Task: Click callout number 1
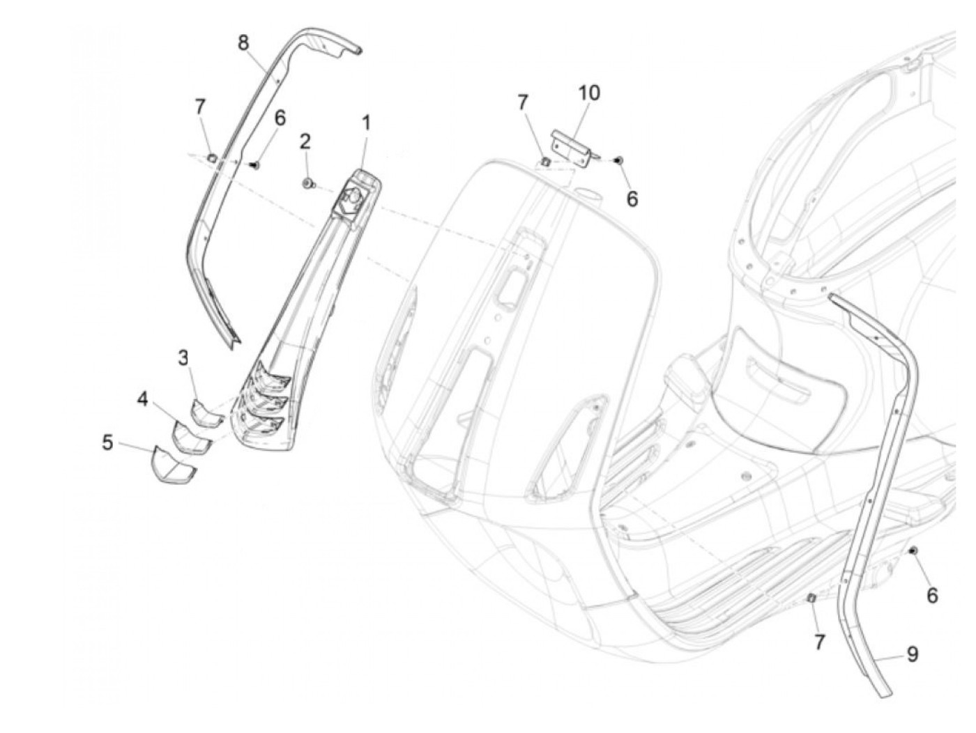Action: tap(365, 124)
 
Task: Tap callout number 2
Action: tap(305, 142)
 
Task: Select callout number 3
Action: tap(183, 358)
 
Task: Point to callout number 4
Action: tap(143, 400)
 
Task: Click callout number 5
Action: tap(107, 442)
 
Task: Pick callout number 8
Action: tap(243, 43)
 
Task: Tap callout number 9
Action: tap(912, 654)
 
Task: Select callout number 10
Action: tap(588, 93)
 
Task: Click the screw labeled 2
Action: tap(307, 183)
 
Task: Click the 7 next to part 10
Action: tap(523, 102)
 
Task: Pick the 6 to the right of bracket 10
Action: tap(632, 199)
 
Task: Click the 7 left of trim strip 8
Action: tap(200, 107)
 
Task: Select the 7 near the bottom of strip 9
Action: tap(819, 642)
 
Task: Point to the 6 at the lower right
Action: tap(932, 596)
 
